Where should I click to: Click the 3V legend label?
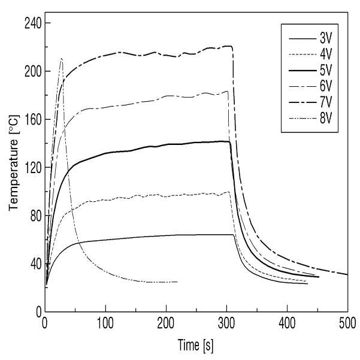(x=326, y=38)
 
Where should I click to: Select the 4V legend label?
(x=326, y=54)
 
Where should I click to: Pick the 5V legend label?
(x=326, y=70)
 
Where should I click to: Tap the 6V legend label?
(x=326, y=86)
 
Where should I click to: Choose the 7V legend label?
(x=326, y=102)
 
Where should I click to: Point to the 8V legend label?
(x=326, y=119)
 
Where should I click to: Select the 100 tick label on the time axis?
(x=105, y=323)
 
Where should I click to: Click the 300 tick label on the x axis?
(x=226, y=323)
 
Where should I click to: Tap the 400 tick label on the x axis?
(x=287, y=323)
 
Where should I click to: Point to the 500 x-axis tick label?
(x=347, y=323)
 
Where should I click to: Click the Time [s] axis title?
(x=196, y=345)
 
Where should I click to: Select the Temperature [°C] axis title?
(x=14, y=162)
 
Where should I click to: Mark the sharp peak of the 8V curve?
(x=62, y=59)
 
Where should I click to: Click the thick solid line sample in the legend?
(x=302, y=71)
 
